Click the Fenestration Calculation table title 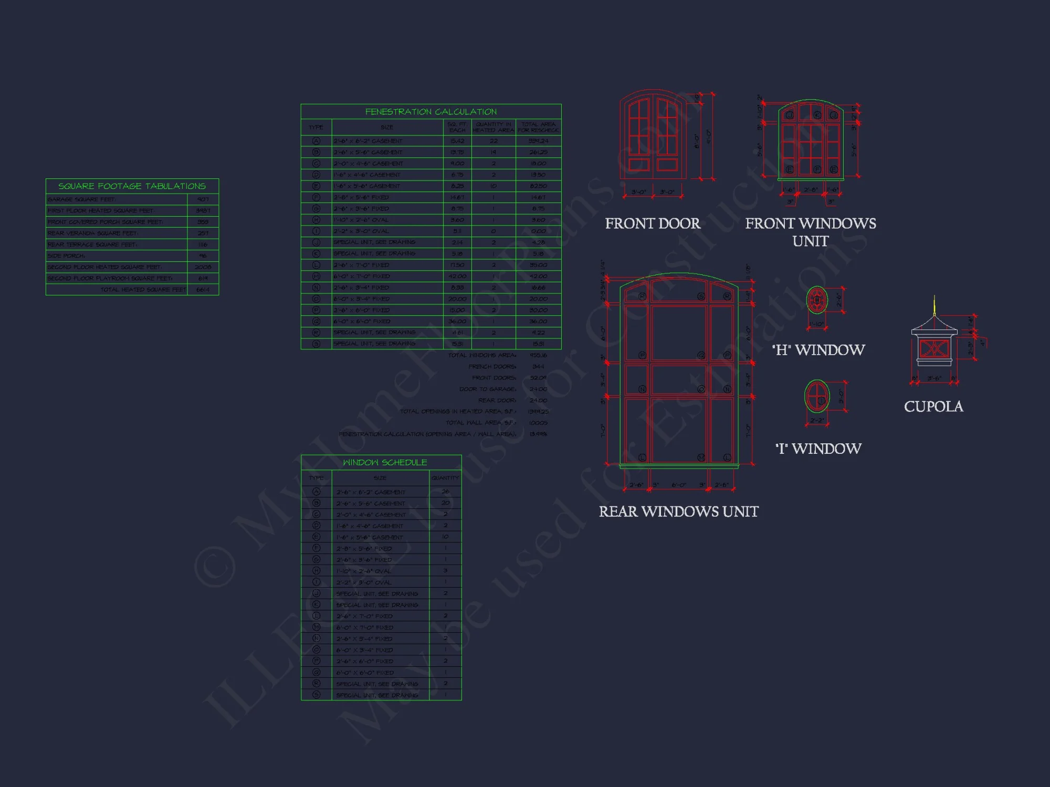coord(430,112)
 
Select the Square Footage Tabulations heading coord(132,186)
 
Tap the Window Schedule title coord(385,462)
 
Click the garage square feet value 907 coord(203,199)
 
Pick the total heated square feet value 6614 coord(203,290)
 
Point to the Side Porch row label coord(67,256)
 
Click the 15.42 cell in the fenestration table coord(457,141)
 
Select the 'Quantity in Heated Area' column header coord(493,127)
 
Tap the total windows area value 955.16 coord(538,355)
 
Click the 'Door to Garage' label coord(488,389)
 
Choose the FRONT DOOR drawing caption coord(653,224)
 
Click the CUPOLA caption coord(933,407)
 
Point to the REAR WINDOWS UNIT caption coord(679,512)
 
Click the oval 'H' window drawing coord(817,300)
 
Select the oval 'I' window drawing coord(817,397)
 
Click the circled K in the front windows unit coord(817,115)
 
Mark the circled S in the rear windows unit coord(701,296)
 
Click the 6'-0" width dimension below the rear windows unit coord(678,485)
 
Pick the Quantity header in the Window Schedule coord(445,478)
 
